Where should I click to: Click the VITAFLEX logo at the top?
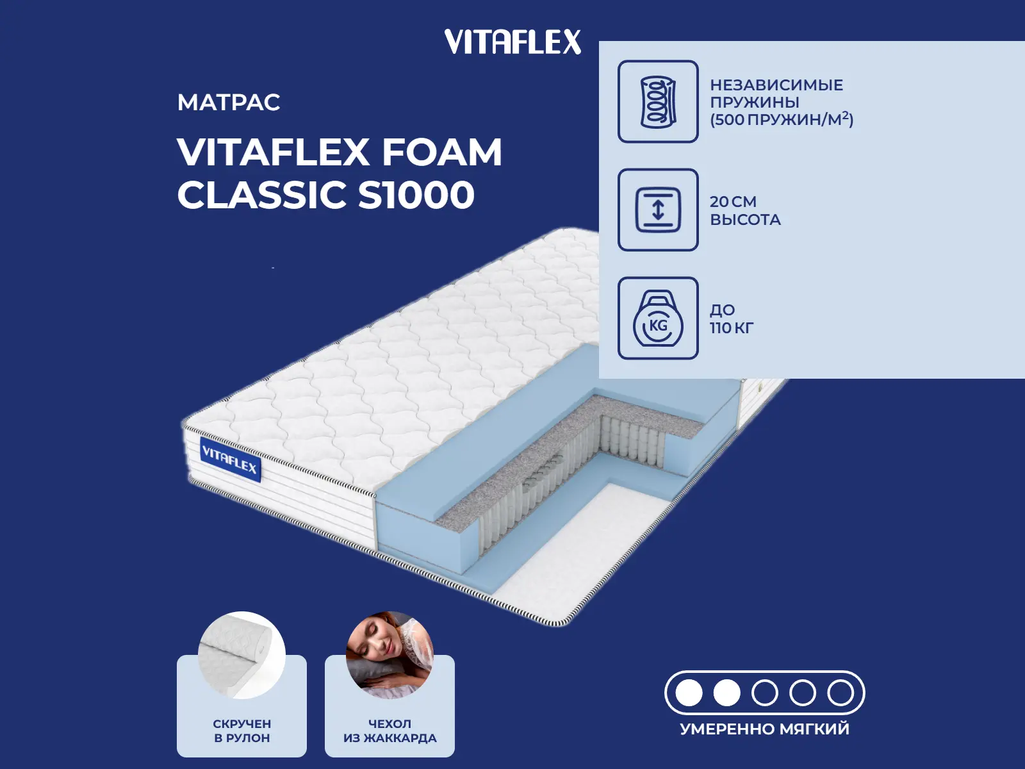tap(512, 42)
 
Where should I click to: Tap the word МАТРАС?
tap(229, 103)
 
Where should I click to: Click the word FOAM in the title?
tap(442, 153)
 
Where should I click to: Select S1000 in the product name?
tap(416, 195)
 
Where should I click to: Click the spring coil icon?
tap(658, 101)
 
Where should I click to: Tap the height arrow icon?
tap(658, 210)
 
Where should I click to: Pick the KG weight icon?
tap(658, 318)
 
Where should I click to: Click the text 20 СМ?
tap(733, 202)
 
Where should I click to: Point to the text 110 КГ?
tap(732, 328)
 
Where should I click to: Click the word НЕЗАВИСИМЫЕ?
tap(776, 85)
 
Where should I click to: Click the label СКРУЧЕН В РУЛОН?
tap(242, 731)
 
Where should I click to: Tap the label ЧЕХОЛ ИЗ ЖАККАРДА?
tap(389, 731)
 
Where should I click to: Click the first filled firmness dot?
tap(689, 693)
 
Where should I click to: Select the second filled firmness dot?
tap(727, 693)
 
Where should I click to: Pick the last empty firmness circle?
tap(840, 693)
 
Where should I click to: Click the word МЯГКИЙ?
tap(814, 729)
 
